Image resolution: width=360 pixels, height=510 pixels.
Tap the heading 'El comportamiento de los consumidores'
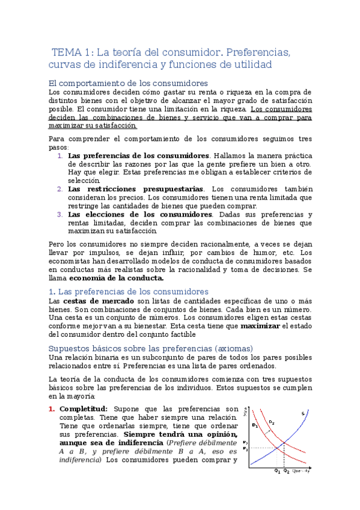[x=127, y=83]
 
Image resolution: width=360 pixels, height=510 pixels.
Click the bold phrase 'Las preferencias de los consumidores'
[x=138, y=155]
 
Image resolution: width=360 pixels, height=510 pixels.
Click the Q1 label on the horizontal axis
[x=276, y=471]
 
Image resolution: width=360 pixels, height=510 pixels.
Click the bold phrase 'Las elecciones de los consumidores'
[x=140, y=214]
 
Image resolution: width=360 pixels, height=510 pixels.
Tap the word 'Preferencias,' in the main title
[x=260, y=52]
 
